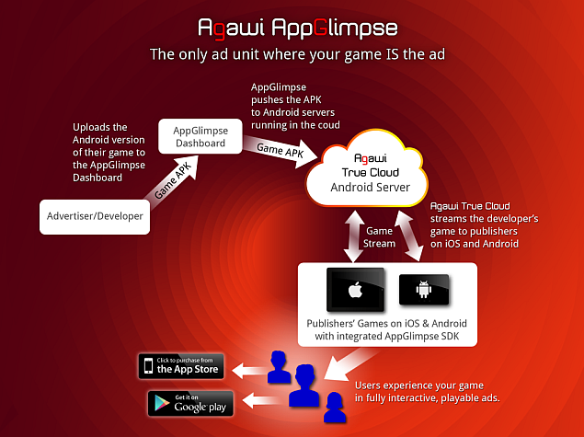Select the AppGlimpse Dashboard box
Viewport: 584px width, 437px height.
(200, 138)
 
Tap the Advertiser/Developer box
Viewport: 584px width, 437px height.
(94, 216)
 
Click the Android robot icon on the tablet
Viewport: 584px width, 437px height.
(424, 291)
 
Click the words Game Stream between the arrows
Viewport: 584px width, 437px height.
(379, 237)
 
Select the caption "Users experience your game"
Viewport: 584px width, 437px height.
(419, 387)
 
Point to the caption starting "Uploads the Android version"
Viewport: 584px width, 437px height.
(109, 152)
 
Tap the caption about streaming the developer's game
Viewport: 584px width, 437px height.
(485, 224)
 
